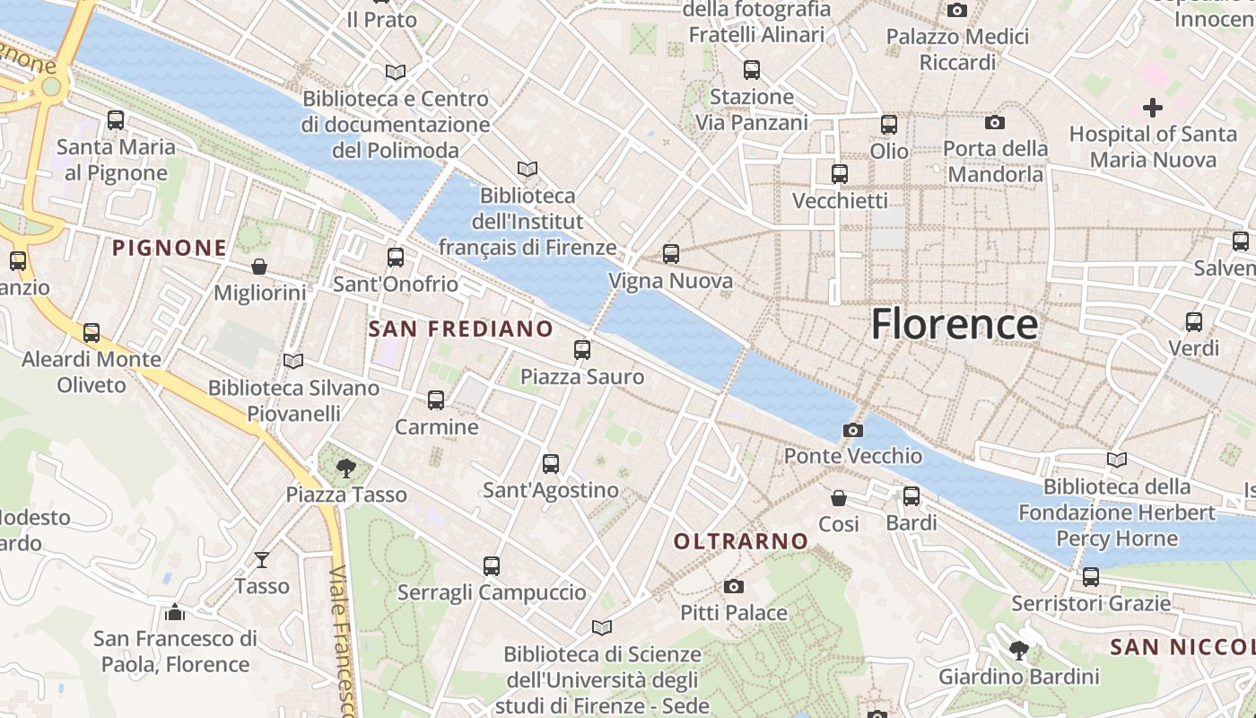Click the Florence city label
pyautogui.click(x=955, y=324)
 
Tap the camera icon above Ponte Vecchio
pyautogui.click(x=853, y=431)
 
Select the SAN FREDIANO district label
pyautogui.click(x=461, y=328)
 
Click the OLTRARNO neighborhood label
pyautogui.click(x=741, y=541)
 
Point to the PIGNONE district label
pyautogui.click(x=169, y=248)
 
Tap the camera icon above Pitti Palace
pyautogui.click(x=734, y=587)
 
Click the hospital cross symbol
pyautogui.click(x=1153, y=109)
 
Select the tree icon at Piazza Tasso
pyautogui.click(x=345, y=468)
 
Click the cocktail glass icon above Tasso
pyautogui.click(x=261, y=560)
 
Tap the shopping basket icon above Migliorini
pyautogui.click(x=259, y=267)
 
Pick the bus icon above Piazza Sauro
pyautogui.click(x=582, y=350)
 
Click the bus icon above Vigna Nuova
pyautogui.click(x=671, y=254)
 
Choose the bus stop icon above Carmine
pyautogui.click(x=436, y=400)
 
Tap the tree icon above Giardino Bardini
pyautogui.click(x=1018, y=650)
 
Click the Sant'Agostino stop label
pyautogui.click(x=551, y=490)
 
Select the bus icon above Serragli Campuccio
pyautogui.click(x=491, y=566)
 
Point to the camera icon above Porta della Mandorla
pyautogui.click(x=995, y=122)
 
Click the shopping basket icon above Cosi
pyautogui.click(x=839, y=497)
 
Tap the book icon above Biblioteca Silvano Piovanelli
pyautogui.click(x=293, y=361)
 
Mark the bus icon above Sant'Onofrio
pyautogui.click(x=396, y=258)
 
